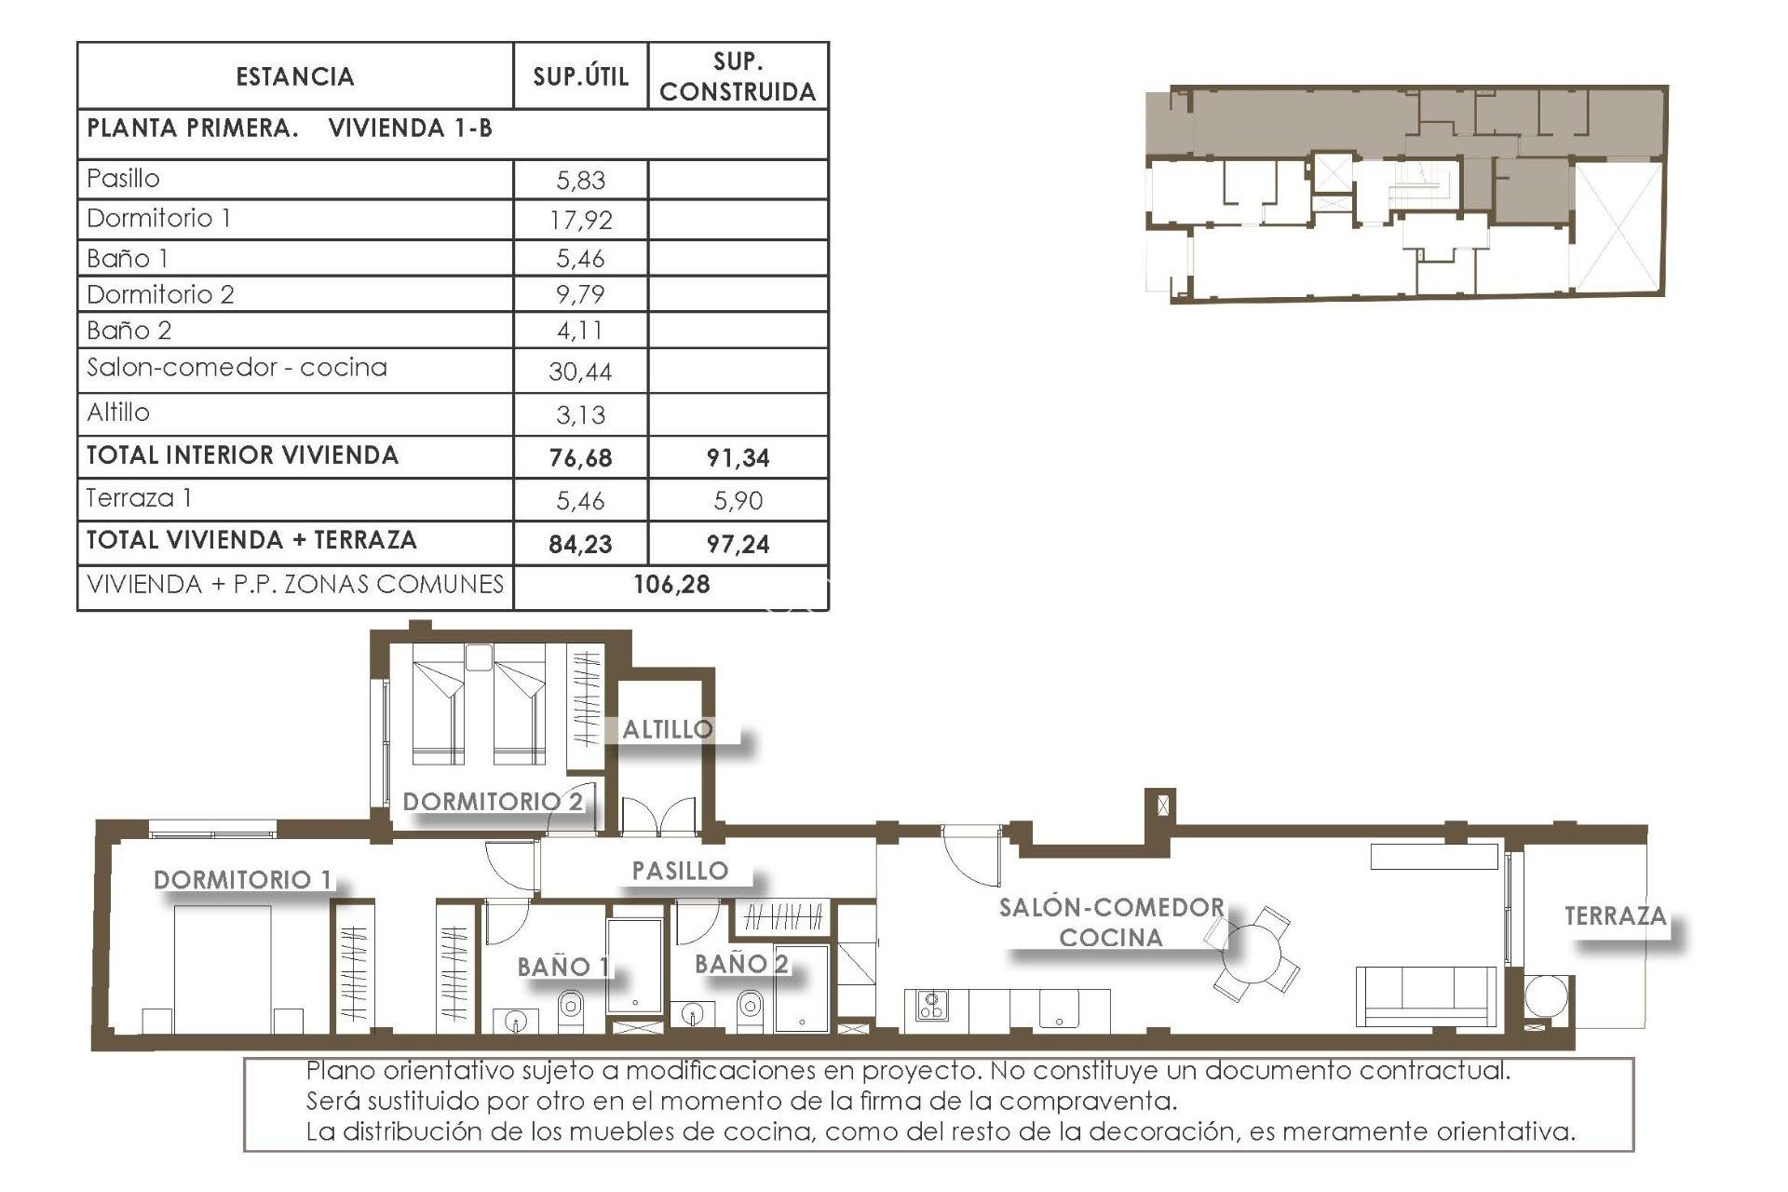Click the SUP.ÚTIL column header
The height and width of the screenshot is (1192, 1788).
click(x=580, y=76)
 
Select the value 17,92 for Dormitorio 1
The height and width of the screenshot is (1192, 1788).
click(x=580, y=221)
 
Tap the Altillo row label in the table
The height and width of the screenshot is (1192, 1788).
click(x=118, y=413)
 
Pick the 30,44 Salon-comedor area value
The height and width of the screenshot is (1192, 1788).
click(x=580, y=372)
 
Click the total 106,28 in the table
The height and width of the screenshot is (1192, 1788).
click(x=671, y=585)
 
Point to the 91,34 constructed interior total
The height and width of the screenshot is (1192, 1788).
click(x=738, y=458)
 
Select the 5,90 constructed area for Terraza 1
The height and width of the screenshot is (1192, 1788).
click(x=738, y=501)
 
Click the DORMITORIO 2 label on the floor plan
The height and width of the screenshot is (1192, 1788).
click(x=493, y=802)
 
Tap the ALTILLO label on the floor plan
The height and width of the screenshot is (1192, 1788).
click(x=668, y=730)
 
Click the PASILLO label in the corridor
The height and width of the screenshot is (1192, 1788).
click(x=680, y=872)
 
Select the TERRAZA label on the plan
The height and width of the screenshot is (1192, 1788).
click(x=1615, y=916)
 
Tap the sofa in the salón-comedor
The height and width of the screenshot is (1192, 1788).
click(x=1425, y=996)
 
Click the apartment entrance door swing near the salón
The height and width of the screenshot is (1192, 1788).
click(x=968, y=857)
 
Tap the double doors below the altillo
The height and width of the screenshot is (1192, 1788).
click(x=658, y=816)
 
